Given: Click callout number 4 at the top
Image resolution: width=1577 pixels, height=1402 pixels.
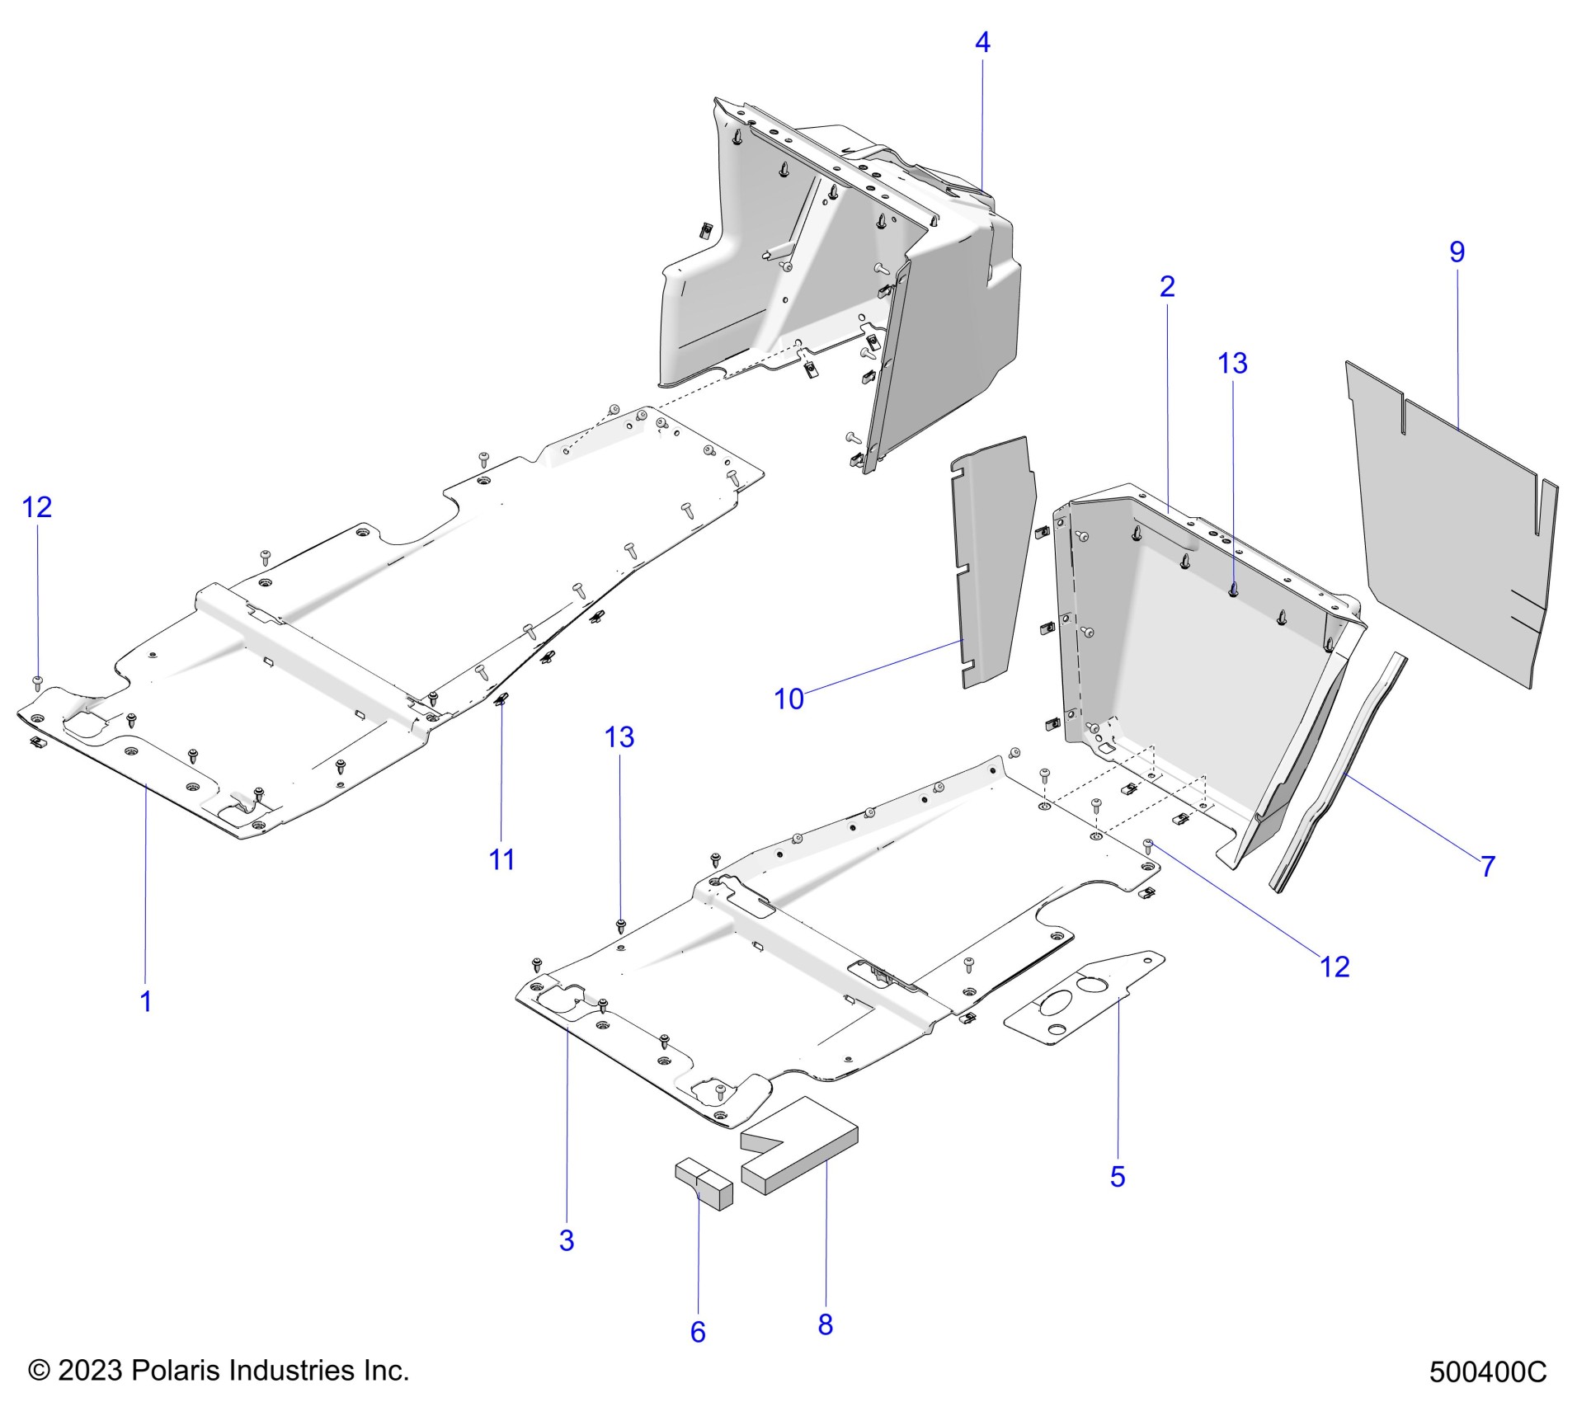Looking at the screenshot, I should tap(982, 42).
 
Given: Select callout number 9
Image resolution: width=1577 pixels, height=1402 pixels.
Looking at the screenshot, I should tap(1457, 252).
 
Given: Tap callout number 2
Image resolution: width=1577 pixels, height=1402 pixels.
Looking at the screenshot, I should tap(1166, 286).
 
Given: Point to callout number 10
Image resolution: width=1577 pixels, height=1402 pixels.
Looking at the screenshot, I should tap(788, 699).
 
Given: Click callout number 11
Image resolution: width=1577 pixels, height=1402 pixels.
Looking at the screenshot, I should tap(501, 859).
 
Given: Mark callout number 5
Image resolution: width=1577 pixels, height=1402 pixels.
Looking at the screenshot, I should tap(1117, 1176).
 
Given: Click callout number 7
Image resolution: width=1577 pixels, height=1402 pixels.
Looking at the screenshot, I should tap(1487, 866).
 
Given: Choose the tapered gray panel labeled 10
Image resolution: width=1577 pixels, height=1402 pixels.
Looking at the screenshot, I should tap(990, 561).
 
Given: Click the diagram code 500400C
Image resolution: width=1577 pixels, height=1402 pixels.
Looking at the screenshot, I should tap(1487, 1371).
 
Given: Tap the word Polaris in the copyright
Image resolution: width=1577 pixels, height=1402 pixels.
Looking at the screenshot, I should tap(176, 1370).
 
